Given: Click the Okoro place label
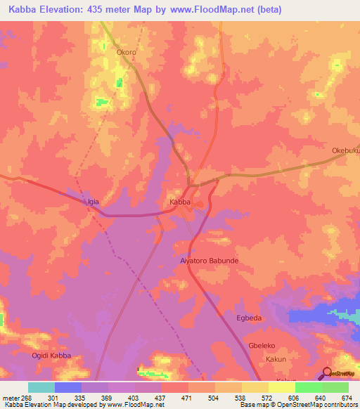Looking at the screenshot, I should (127, 52).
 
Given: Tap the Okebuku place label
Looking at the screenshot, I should (345, 150).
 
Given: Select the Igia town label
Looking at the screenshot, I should (93, 202).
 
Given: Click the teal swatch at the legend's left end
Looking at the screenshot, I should (41, 387).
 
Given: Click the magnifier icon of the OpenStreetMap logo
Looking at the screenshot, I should (327, 372).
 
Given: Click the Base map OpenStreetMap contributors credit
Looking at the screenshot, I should (299, 405).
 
